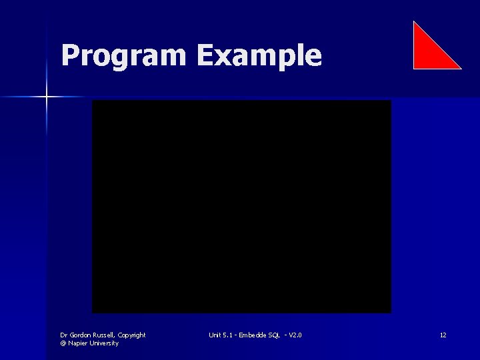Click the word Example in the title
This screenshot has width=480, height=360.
pos(259,56)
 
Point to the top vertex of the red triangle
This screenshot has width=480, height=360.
pos(414,22)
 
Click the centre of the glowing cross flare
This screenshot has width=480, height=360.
pos(47,97)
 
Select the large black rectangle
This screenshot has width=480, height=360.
pos(241,207)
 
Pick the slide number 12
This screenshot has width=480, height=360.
pos(443,335)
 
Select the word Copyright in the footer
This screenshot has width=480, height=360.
pos(131,335)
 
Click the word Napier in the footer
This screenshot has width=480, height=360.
pos(79,343)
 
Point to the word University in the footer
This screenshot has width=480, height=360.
pos(104,343)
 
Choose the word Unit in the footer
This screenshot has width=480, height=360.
pos(214,335)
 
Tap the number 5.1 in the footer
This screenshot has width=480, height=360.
pos(228,335)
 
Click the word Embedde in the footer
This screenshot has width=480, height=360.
pos(252,335)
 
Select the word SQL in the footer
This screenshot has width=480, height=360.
pos(273,335)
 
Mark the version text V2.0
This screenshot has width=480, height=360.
pos(294,335)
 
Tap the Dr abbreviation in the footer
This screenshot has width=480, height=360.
pos(63,335)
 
